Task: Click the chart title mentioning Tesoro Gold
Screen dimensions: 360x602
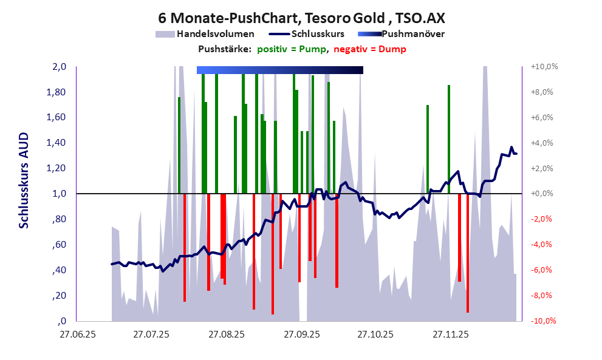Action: pos(301,18)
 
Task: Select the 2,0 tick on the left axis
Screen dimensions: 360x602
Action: pos(59,67)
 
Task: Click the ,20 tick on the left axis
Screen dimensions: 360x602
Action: pos(60,296)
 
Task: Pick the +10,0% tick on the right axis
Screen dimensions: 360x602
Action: pos(544,67)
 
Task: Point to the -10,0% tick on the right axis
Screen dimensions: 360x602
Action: pos(544,321)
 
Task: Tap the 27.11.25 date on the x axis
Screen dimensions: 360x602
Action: pos(450,334)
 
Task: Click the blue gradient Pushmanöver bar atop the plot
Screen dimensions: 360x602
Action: pos(279,70)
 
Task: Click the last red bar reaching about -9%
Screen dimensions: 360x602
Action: pos(468,252)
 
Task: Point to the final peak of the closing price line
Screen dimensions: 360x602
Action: pos(511,148)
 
